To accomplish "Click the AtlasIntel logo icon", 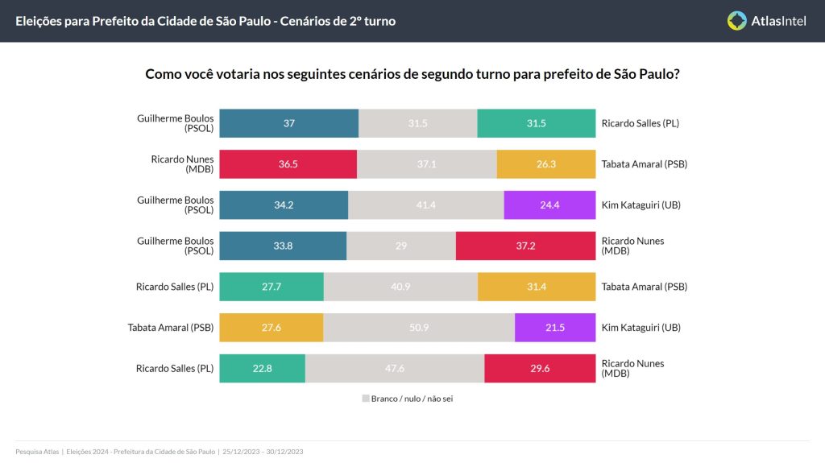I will coord(736,21).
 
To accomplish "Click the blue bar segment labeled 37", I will coord(288,123).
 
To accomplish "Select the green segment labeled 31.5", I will coord(536,123).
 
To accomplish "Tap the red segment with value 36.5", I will coord(288,164).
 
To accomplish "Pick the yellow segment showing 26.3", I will coord(546,164).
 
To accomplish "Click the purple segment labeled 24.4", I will coord(549,205).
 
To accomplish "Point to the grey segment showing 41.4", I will coord(425,205).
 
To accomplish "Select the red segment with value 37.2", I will coord(525,246).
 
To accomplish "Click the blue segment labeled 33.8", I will coord(283,246).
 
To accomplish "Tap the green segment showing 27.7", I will coord(272,287).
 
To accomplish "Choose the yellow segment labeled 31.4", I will coord(537,287).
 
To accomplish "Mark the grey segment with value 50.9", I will coord(419,328).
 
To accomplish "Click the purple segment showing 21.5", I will coord(555,328).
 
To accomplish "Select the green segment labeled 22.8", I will coord(262,369).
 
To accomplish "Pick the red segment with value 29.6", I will coord(540,369).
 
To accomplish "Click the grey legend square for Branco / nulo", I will coord(365,399).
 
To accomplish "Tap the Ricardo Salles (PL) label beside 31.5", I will coord(641,123).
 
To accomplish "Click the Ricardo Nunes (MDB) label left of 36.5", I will coord(182,164).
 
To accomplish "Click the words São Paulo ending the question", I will coord(649,74).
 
